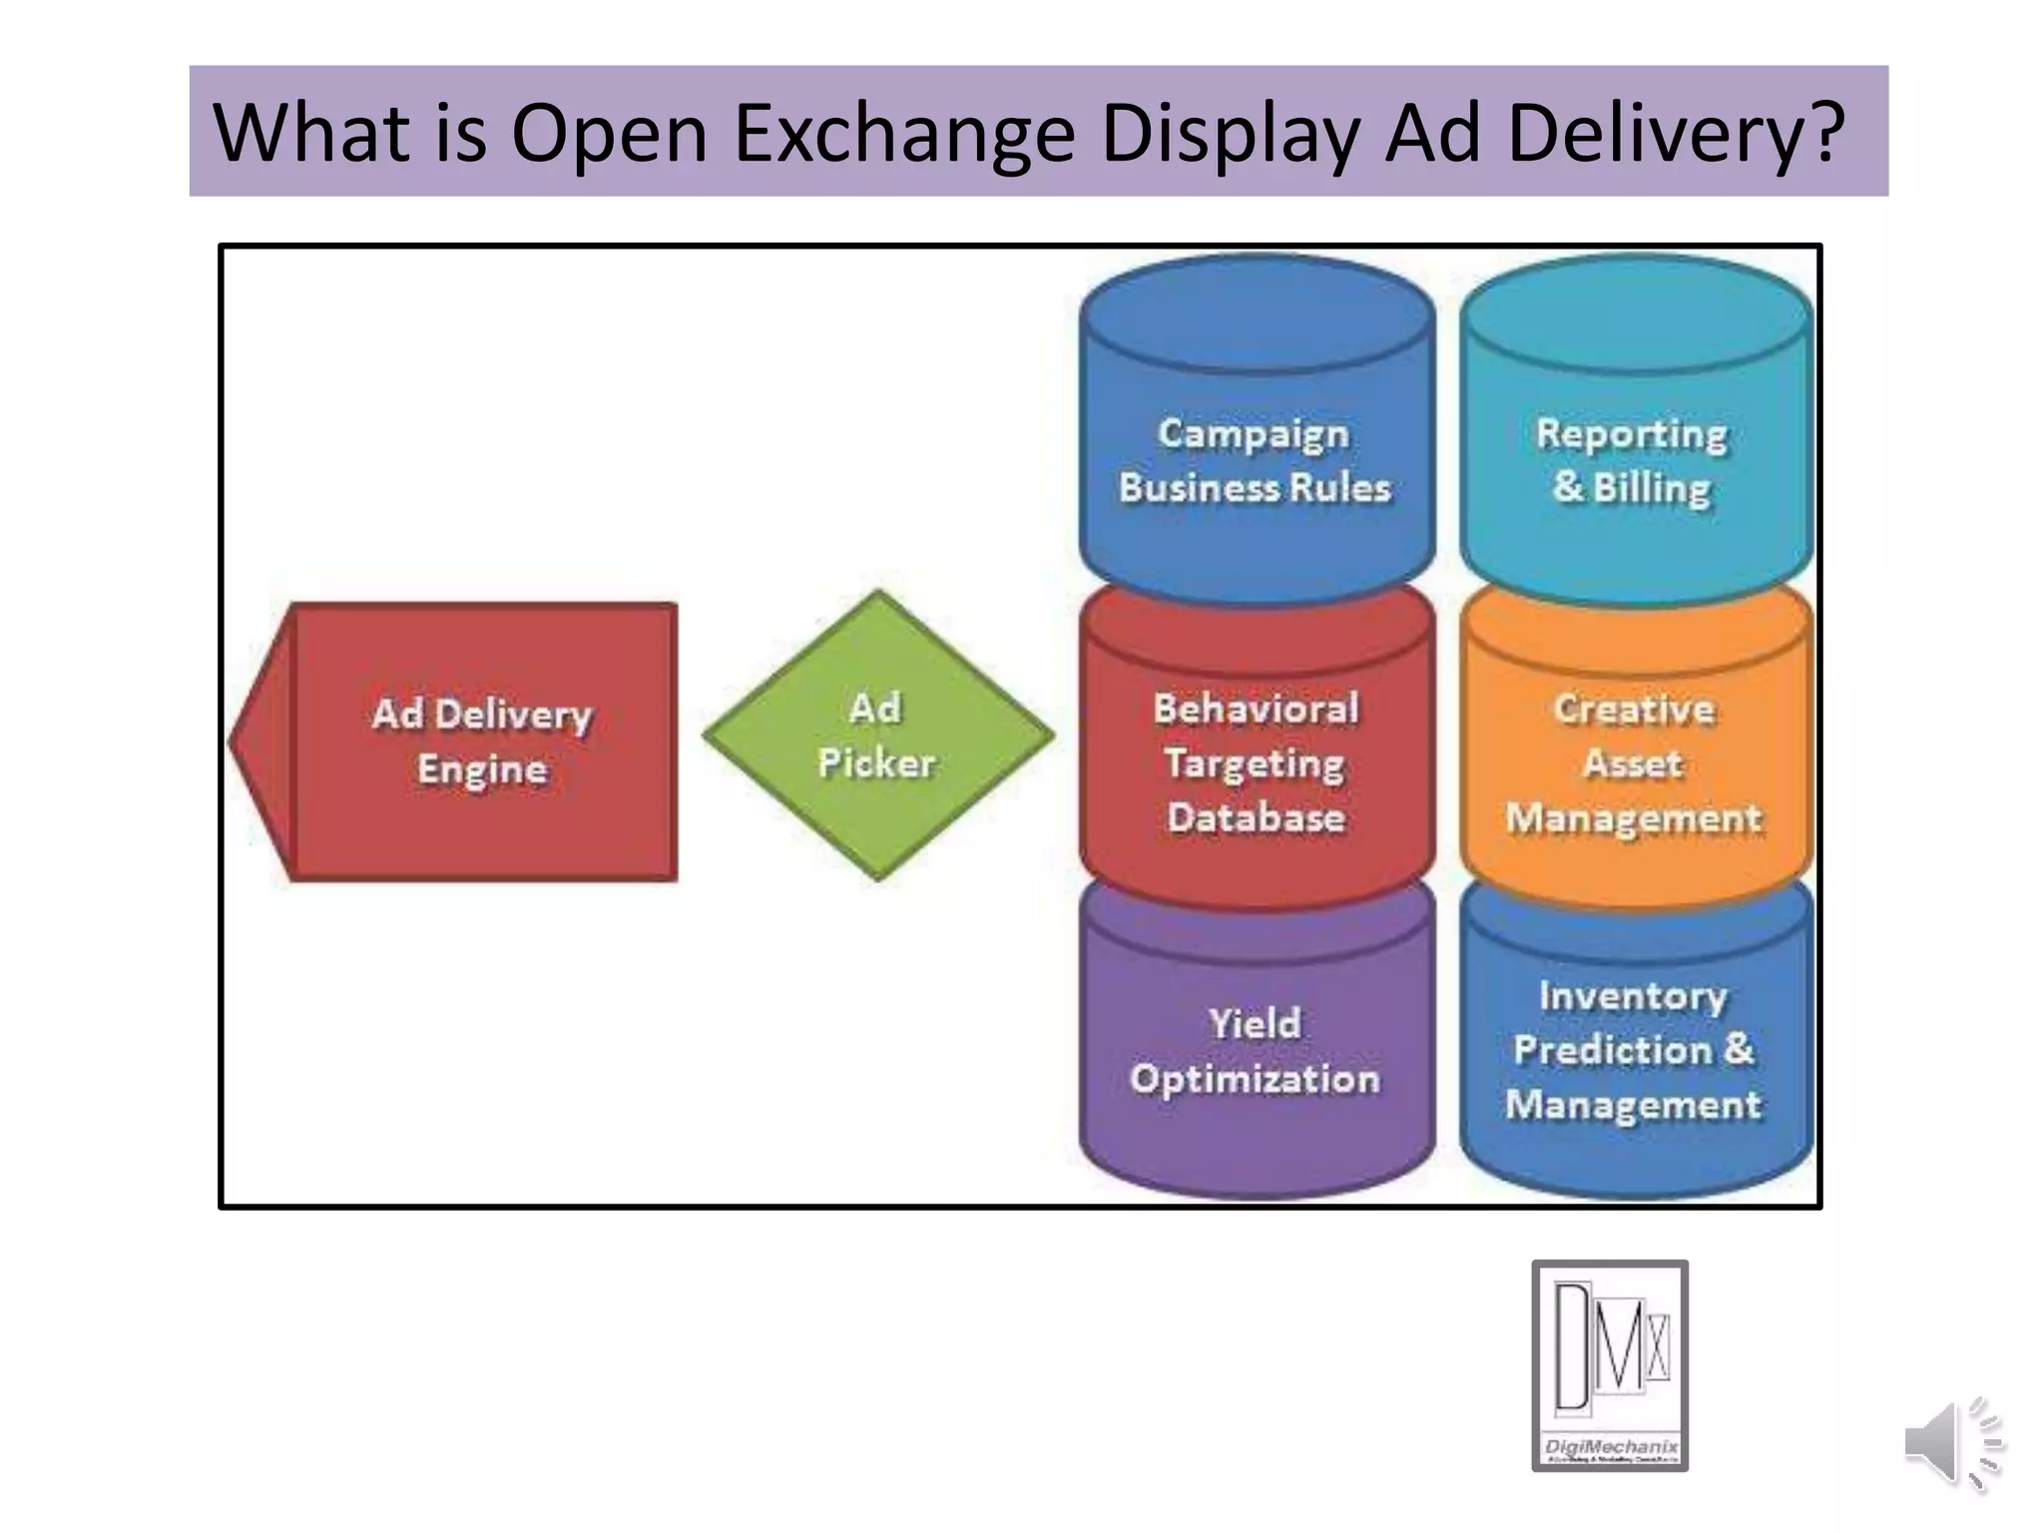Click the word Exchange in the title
click(x=903, y=133)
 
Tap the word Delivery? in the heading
click(x=1675, y=133)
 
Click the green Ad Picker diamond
click(x=877, y=736)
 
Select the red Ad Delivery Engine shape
click(x=483, y=742)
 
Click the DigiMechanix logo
click(x=1609, y=1364)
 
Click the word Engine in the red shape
click(x=483, y=769)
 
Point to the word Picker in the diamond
click(x=876, y=764)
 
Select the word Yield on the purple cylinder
click(x=1256, y=1024)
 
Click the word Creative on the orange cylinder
click(x=1634, y=709)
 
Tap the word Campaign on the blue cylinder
click(x=1254, y=433)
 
